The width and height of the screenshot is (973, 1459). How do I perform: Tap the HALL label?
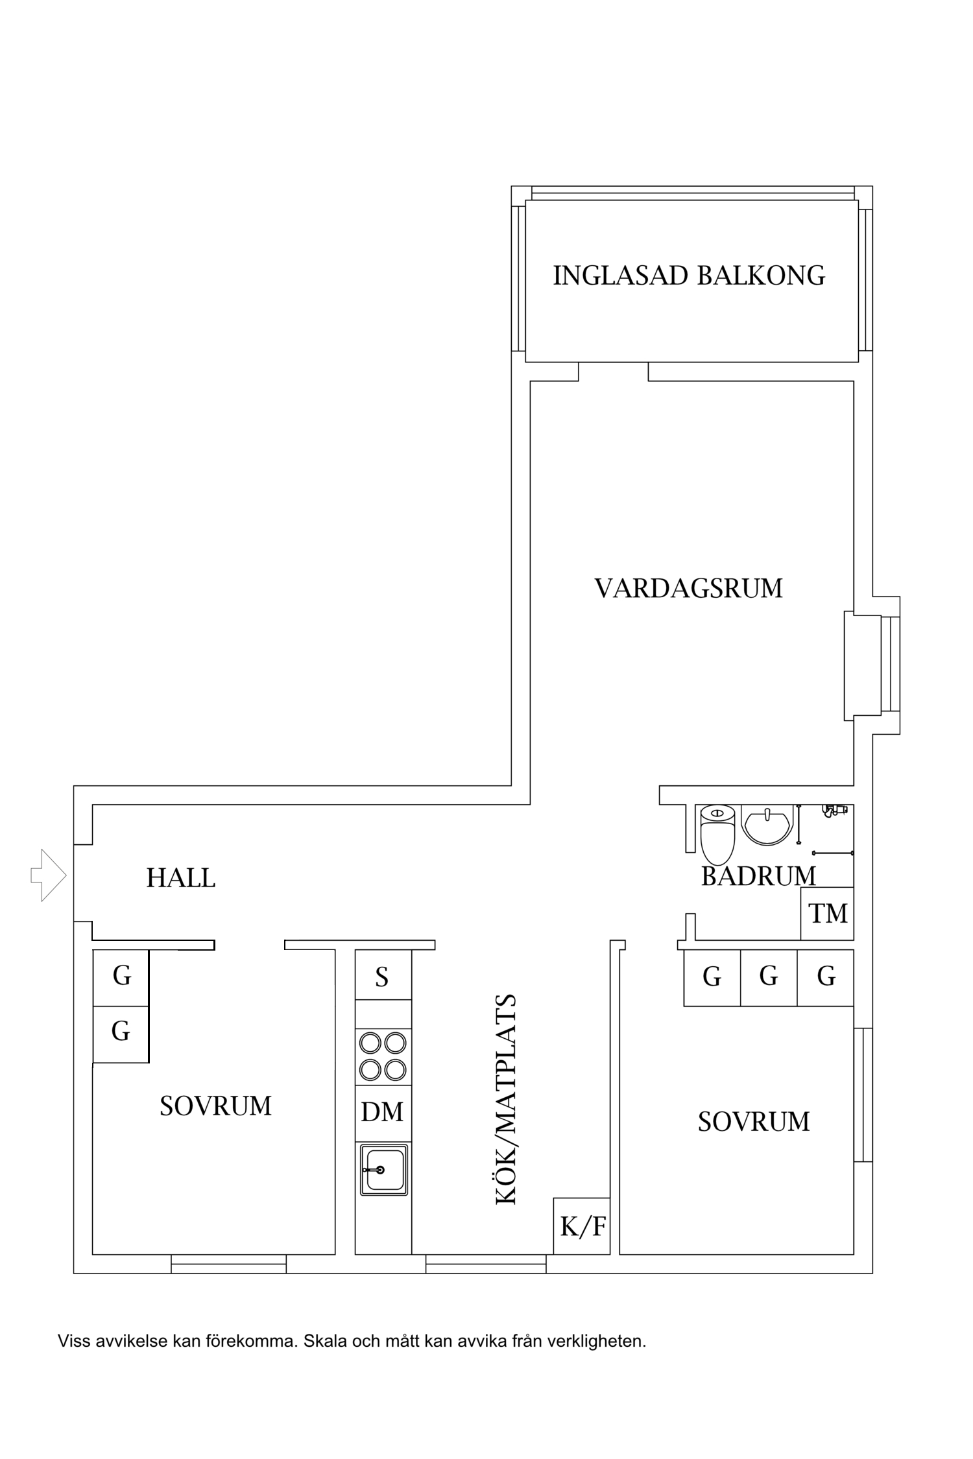tap(180, 878)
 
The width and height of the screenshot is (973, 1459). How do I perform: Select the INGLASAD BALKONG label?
tap(689, 276)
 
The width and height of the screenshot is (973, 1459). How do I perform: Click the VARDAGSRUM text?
tap(688, 588)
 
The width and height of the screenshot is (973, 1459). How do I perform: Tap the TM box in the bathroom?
tap(828, 914)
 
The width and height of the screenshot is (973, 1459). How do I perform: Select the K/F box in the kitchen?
tap(582, 1226)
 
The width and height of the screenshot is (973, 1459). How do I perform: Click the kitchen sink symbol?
tap(384, 1169)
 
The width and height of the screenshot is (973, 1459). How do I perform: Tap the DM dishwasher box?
tap(383, 1111)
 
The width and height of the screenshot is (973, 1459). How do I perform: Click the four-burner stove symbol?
tap(383, 1056)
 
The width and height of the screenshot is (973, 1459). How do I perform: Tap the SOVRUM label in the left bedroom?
tap(215, 1106)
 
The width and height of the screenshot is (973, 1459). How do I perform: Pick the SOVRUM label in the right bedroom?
tap(754, 1121)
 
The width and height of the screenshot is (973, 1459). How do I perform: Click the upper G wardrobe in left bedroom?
tap(121, 975)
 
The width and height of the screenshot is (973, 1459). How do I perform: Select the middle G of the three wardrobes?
tap(769, 975)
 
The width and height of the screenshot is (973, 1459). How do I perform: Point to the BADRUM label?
tap(758, 876)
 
